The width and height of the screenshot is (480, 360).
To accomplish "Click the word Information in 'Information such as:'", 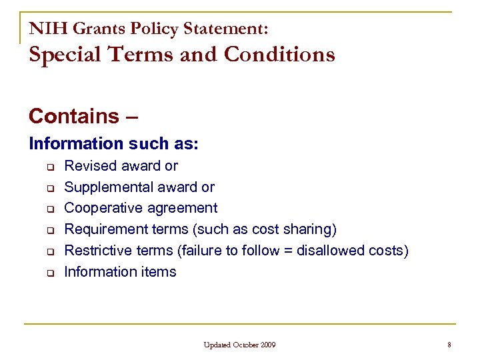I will pos(75,143).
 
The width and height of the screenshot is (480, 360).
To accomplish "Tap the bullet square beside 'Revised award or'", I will pos(49,166).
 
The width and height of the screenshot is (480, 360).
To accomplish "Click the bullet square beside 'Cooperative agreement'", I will pos(49,209).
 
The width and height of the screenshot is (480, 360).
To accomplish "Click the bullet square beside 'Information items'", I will pos(49,273).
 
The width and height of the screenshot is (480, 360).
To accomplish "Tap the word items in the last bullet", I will pos(158,272).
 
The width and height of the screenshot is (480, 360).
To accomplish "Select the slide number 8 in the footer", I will pos(449,345).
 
